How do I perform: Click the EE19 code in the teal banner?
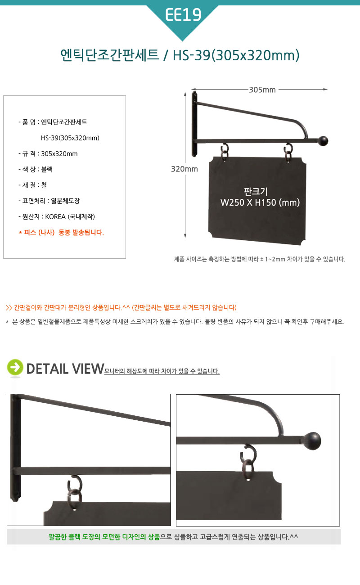tap(183, 15)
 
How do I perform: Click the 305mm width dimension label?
tap(262, 90)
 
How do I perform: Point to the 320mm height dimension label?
tap(184, 169)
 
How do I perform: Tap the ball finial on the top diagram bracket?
tap(323, 141)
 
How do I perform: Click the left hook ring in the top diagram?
tap(225, 152)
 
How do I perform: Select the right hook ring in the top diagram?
tap(288, 153)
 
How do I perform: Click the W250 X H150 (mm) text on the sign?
tap(260, 202)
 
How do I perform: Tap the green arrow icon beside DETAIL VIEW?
tap(15, 367)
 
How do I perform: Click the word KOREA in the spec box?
tap(55, 217)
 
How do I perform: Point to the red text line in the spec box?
tap(61, 233)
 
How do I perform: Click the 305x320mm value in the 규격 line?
tap(59, 153)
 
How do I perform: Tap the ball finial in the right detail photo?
tap(312, 441)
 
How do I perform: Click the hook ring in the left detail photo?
tap(75, 492)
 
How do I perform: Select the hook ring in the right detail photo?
tap(248, 462)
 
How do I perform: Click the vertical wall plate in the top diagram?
tap(194, 124)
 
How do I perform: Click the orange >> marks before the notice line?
tap(9, 308)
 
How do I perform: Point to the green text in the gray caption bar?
tap(104, 537)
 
